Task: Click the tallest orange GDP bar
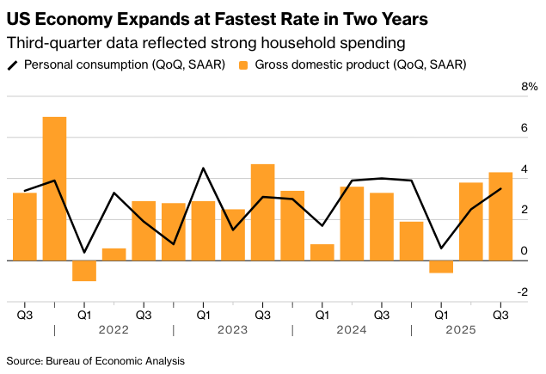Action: tap(54, 189)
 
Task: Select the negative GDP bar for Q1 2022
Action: tap(84, 270)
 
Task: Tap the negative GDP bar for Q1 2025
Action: tap(441, 267)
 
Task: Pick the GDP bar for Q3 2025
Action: tap(500, 217)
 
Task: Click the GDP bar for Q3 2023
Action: tap(262, 212)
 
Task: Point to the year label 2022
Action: tap(113, 329)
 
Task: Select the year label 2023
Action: tap(232, 329)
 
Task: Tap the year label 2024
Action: tap(352, 329)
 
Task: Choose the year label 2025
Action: tap(470, 329)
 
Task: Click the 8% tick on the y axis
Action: tap(528, 87)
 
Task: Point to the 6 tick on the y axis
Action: tap(533, 127)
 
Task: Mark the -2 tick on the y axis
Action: tap(531, 292)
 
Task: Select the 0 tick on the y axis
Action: tap(533, 251)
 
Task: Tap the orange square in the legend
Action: tap(243, 64)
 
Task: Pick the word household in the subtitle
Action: tap(280, 41)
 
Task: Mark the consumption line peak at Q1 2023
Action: tap(203, 169)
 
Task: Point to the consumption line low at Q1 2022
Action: tap(84, 253)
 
